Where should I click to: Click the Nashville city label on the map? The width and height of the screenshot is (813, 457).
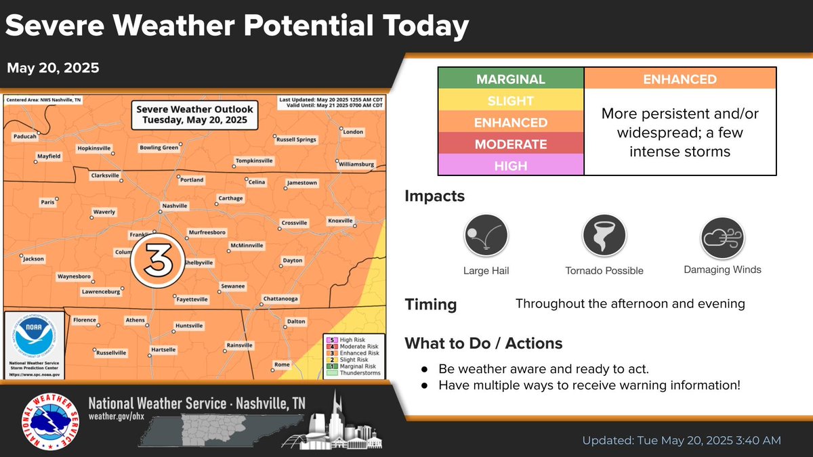(x=175, y=206)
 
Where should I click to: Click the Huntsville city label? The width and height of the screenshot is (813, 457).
(x=189, y=326)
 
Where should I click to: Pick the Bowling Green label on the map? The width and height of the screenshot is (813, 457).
(x=159, y=147)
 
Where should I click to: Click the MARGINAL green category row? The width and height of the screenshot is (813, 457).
(x=511, y=79)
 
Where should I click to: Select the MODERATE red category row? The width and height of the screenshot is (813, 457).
(x=511, y=144)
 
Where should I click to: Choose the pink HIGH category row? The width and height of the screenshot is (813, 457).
(x=511, y=166)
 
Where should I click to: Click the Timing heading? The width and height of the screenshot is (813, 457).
(x=431, y=305)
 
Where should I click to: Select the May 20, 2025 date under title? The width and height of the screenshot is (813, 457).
(x=54, y=68)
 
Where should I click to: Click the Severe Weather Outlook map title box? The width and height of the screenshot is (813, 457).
(x=194, y=114)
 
